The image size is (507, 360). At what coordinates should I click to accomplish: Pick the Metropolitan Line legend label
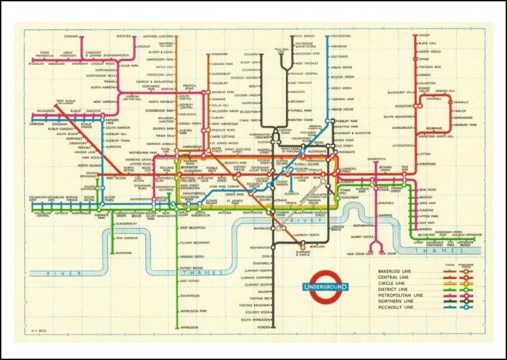395,295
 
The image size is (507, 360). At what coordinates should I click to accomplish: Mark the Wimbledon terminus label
190,327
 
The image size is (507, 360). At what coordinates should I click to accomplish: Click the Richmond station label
124,253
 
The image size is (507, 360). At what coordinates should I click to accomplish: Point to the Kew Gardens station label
127,239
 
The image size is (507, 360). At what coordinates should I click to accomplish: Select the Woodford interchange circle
417,105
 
